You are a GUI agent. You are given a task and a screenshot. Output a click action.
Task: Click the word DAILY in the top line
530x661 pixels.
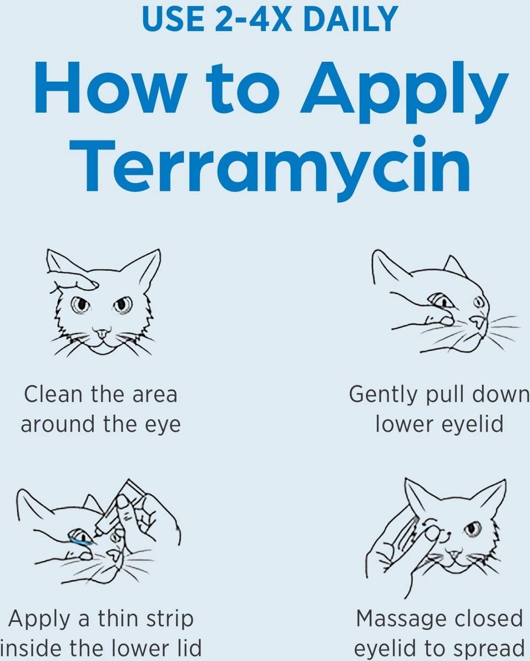pos(351,19)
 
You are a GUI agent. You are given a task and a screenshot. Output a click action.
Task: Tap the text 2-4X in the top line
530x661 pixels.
pos(253,19)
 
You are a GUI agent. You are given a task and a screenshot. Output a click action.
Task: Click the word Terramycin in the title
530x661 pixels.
pos(270,167)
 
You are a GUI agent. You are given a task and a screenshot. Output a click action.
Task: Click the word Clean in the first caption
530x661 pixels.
pos(53,394)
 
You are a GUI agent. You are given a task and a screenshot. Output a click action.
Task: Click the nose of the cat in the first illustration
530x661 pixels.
pos(102,332)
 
